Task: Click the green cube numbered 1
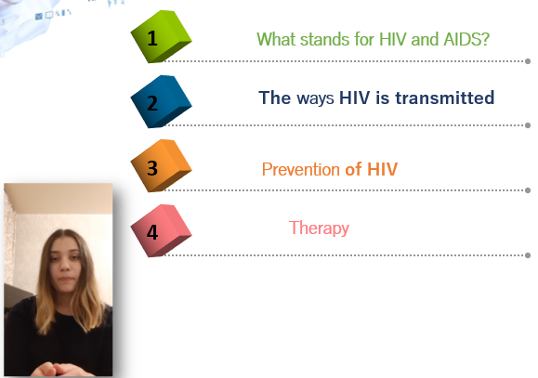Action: pyautogui.click(x=161, y=37)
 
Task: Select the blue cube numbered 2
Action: pyautogui.click(x=161, y=101)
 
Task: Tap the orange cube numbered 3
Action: pyautogui.click(x=161, y=166)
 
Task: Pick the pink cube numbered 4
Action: pyautogui.click(x=161, y=230)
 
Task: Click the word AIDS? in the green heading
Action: pyautogui.click(x=466, y=39)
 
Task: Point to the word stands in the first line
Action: pyautogui.click(x=325, y=39)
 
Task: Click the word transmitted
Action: pyautogui.click(x=445, y=98)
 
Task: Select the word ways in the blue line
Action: pyautogui.click(x=315, y=98)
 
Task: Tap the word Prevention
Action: pyautogui.click(x=301, y=169)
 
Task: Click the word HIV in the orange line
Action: pyautogui.click(x=382, y=169)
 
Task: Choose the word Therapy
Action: pyautogui.click(x=319, y=228)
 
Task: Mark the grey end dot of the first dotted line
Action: pyautogui.click(x=528, y=61)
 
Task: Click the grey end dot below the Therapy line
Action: pyautogui.click(x=528, y=255)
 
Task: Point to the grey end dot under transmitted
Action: pyautogui.click(x=528, y=125)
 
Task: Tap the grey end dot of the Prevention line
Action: pyautogui.click(x=528, y=190)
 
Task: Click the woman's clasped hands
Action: pyautogui.click(x=55, y=370)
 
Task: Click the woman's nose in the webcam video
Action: pyautogui.click(x=65, y=266)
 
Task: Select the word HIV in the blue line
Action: pyautogui.click(x=354, y=98)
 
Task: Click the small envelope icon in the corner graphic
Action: pyautogui.click(x=39, y=16)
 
